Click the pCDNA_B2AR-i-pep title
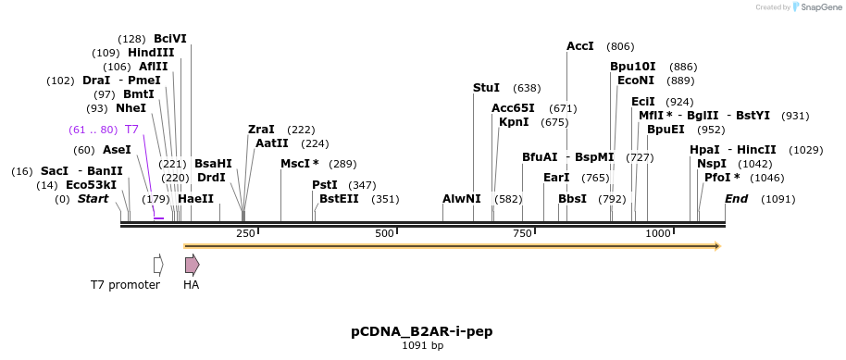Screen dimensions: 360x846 421,330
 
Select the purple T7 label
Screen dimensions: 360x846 131,130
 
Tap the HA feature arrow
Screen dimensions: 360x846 192,265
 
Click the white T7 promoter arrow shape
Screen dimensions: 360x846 158,265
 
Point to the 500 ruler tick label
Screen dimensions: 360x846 385,234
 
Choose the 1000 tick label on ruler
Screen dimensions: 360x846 658,234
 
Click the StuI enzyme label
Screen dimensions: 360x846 486,88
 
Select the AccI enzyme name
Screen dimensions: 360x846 580,46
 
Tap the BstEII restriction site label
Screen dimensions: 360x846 339,199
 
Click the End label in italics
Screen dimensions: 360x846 737,199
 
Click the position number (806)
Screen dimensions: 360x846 620,46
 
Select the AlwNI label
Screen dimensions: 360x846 462,199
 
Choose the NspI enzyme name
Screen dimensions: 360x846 712,164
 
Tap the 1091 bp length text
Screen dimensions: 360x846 422,346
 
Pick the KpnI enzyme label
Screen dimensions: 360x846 514,122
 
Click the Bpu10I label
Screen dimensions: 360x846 632,67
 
